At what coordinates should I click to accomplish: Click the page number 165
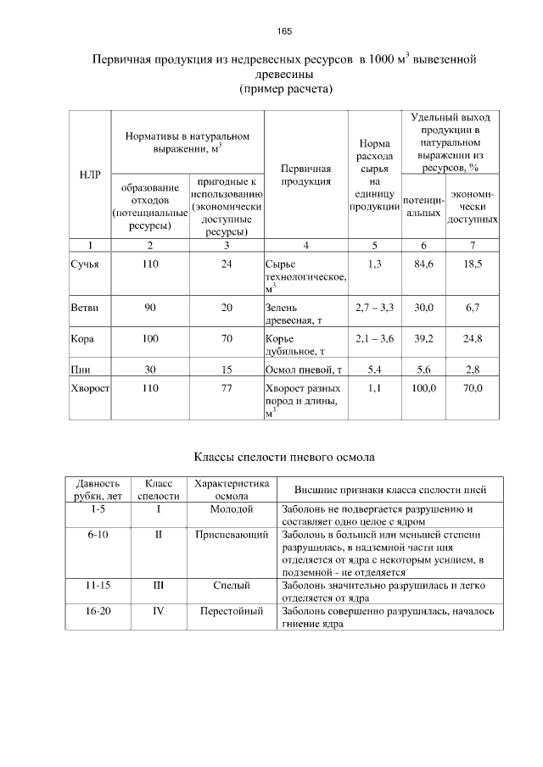coord(284,31)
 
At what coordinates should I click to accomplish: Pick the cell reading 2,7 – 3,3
coord(375,308)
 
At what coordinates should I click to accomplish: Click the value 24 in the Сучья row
coord(227,264)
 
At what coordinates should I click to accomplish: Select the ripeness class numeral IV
coord(158,610)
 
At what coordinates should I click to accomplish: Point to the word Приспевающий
coord(232,536)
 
